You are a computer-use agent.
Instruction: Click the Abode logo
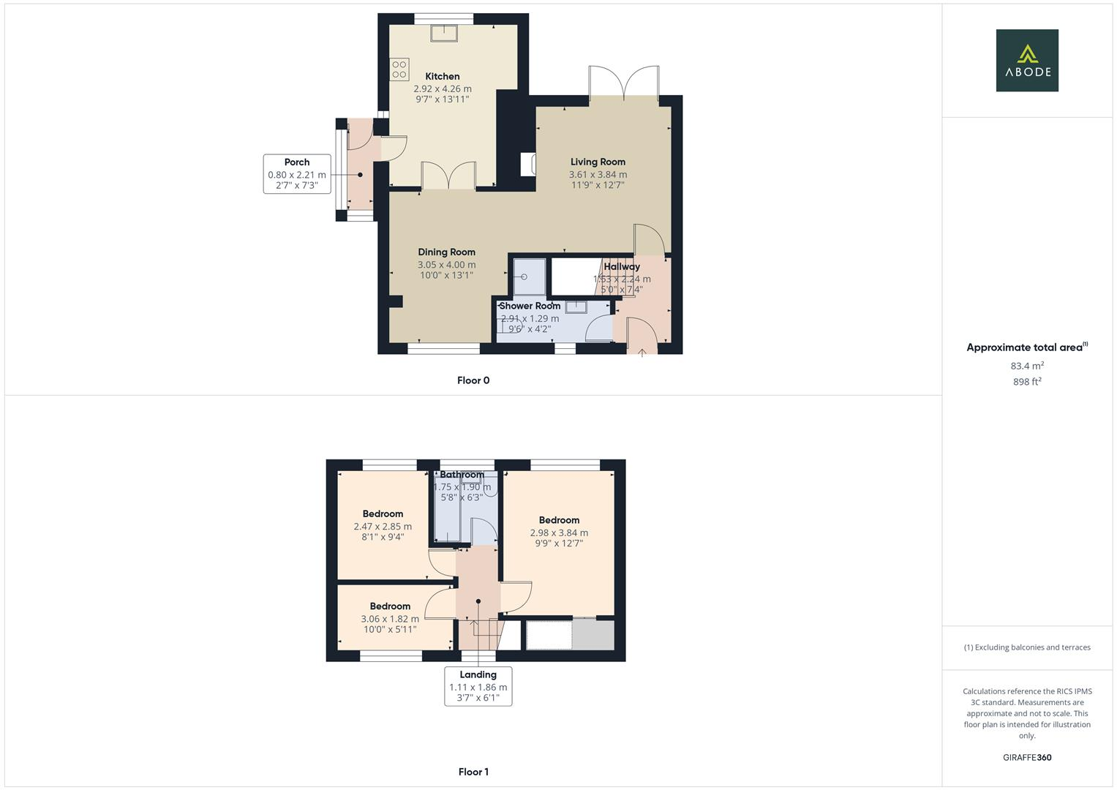(x=1026, y=61)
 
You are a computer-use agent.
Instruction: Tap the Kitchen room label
(x=443, y=76)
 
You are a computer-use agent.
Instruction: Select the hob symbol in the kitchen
(x=399, y=69)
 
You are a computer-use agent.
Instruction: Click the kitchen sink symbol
(x=443, y=33)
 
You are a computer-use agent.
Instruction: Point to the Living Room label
(x=598, y=162)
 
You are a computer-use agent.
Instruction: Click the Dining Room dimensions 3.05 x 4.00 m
(x=446, y=265)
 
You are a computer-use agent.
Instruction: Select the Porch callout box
(x=297, y=173)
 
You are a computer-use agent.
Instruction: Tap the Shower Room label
(x=530, y=306)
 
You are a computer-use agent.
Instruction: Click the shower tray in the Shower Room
(x=530, y=276)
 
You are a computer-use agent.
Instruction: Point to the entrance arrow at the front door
(x=642, y=353)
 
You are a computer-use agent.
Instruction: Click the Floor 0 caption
(x=473, y=380)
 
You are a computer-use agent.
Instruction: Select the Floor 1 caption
(x=473, y=772)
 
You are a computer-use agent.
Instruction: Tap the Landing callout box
(x=478, y=686)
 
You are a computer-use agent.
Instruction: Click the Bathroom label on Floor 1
(x=462, y=475)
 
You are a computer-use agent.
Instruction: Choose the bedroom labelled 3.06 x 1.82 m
(x=390, y=618)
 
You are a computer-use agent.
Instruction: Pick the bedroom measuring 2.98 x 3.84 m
(x=559, y=533)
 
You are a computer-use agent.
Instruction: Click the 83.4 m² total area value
(x=1027, y=366)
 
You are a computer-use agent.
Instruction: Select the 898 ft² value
(x=1027, y=382)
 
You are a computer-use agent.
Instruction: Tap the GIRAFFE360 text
(x=1027, y=757)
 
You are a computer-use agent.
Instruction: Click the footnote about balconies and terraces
(x=1027, y=647)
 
